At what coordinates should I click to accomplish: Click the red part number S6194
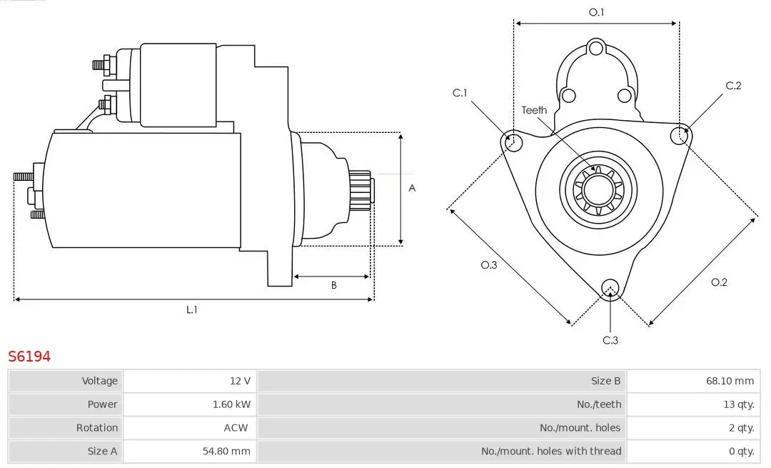click(x=29, y=356)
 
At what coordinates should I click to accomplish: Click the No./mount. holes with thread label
click(x=551, y=451)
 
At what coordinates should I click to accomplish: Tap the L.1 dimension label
click(x=192, y=309)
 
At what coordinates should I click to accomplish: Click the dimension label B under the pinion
click(x=333, y=286)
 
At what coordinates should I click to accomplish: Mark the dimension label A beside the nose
click(x=412, y=189)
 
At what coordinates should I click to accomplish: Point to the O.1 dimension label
click(x=596, y=12)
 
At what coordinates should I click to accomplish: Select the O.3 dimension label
click(x=488, y=265)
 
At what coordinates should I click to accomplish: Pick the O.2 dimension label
click(x=719, y=282)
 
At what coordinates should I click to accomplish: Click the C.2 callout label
click(x=733, y=86)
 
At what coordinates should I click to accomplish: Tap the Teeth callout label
click(x=534, y=110)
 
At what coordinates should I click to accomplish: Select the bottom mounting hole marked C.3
click(x=610, y=289)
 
